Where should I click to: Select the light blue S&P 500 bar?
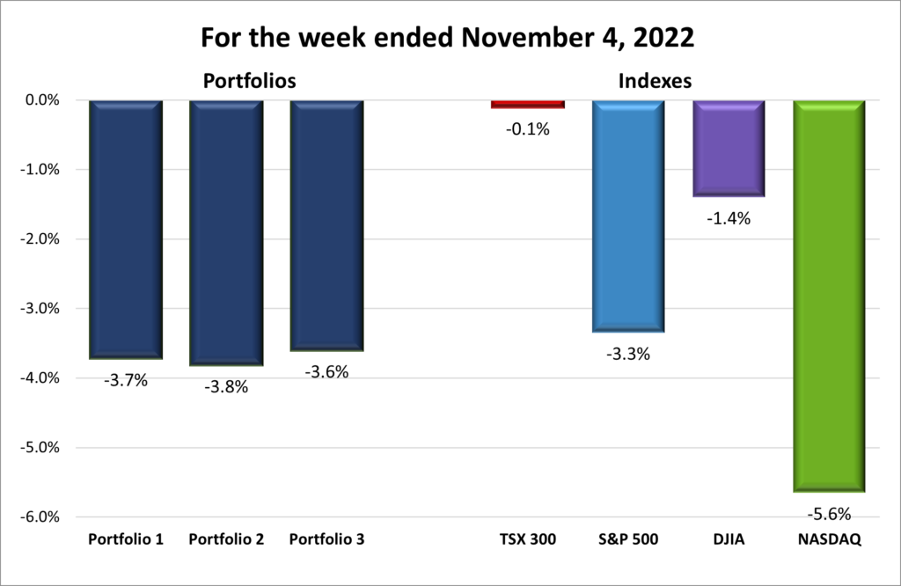tap(627, 216)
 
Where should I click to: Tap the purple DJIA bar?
tap(729, 148)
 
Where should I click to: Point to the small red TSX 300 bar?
tap(527, 104)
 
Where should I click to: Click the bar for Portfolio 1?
tap(126, 229)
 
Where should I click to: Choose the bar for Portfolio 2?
tap(226, 232)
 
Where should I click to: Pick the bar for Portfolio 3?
tap(326, 225)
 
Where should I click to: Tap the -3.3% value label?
tap(627, 355)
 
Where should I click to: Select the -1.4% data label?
tap(729, 219)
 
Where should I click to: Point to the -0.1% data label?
tap(527, 129)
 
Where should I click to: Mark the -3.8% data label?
tap(226, 386)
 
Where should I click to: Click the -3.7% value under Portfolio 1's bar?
tap(126, 380)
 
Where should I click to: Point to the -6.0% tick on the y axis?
tap(39, 516)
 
